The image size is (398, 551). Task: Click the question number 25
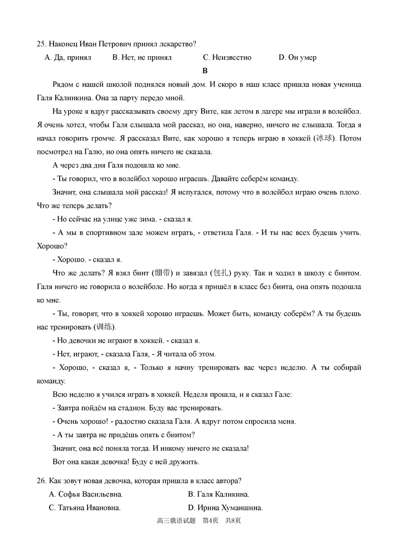(x=42, y=44)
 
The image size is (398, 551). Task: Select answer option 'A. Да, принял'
(x=68, y=57)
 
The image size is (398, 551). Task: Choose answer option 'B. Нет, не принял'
(x=142, y=57)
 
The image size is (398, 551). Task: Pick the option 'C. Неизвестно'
(x=227, y=57)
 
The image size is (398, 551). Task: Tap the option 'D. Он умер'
(x=298, y=57)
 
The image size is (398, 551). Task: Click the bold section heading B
(x=205, y=71)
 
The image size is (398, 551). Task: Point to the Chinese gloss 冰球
(x=324, y=138)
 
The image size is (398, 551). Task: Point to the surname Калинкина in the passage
(x=72, y=98)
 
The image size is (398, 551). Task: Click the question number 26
(x=42, y=481)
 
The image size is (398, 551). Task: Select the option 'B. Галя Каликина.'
(x=218, y=494)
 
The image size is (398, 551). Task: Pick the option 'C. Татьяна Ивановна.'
(x=85, y=508)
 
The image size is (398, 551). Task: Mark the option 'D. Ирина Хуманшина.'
(x=225, y=508)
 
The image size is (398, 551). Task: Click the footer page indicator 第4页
(x=210, y=521)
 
